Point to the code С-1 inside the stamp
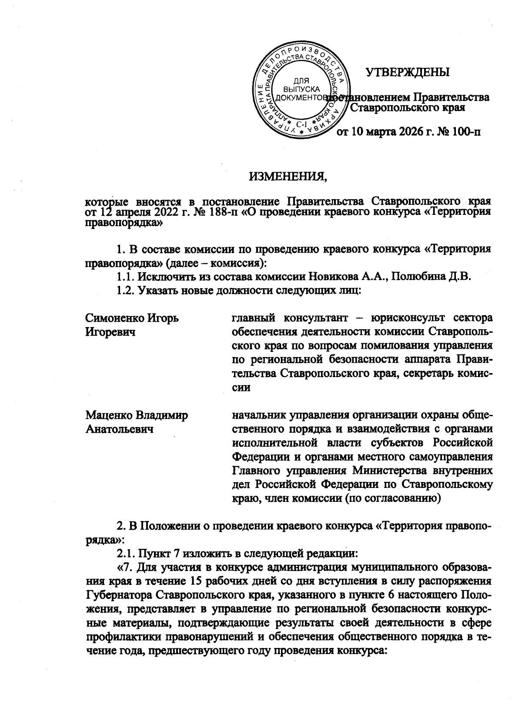click(x=302, y=125)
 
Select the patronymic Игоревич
click(x=110, y=332)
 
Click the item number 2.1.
click(x=126, y=554)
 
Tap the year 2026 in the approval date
click(x=412, y=131)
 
